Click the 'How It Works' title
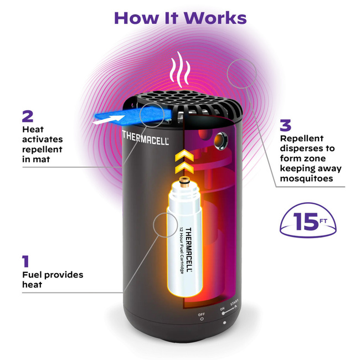pos(180,18)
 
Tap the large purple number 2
pos(28,116)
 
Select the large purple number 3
pos(285,125)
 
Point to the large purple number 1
pos(25,261)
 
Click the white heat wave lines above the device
pos(180,70)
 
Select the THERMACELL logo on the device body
pos(146,138)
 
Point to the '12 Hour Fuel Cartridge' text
pos(182,250)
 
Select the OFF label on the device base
pos(202,315)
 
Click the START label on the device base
pos(234,302)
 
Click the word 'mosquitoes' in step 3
pos(306,179)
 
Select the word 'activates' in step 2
pos(43,140)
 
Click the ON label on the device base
pos(222,309)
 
